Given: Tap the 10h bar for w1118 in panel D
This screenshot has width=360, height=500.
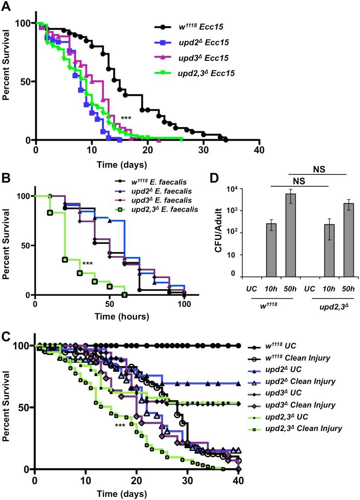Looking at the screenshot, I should [271, 249].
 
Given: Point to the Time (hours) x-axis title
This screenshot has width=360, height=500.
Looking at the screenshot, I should [110, 315].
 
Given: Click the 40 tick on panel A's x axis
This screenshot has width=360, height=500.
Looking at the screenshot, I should [259, 150].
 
